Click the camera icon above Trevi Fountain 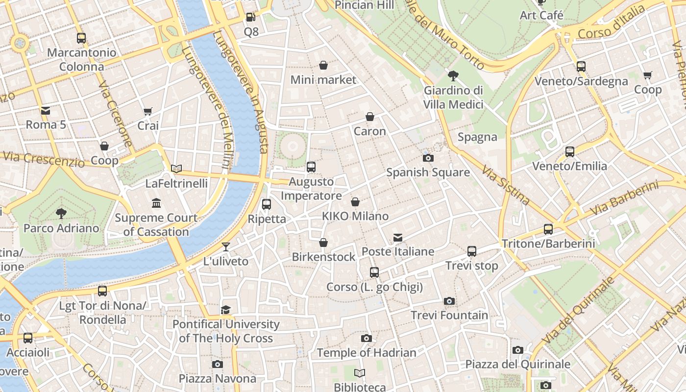click(449, 301)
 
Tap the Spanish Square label click(428, 172)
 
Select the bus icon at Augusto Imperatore click(311, 167)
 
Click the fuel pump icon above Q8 click(250, 17)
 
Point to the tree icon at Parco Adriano click(61, 214)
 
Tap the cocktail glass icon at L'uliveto click(225, 246)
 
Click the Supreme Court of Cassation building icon click(156, 203)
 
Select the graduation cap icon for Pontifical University click(225, 310)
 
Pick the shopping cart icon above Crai click(148, 111)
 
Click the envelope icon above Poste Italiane click(398, 238)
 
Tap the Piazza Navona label click(217, 379)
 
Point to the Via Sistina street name click(506, 185)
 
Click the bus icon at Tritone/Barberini click(548, 229)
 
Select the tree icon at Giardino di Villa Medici click(453, 76)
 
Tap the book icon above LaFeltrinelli click(176, 169)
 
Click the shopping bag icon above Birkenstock click(323, 243)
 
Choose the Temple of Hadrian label click(366, 353)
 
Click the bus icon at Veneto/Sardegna click(581, 67)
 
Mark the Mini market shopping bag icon click(323, 65)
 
